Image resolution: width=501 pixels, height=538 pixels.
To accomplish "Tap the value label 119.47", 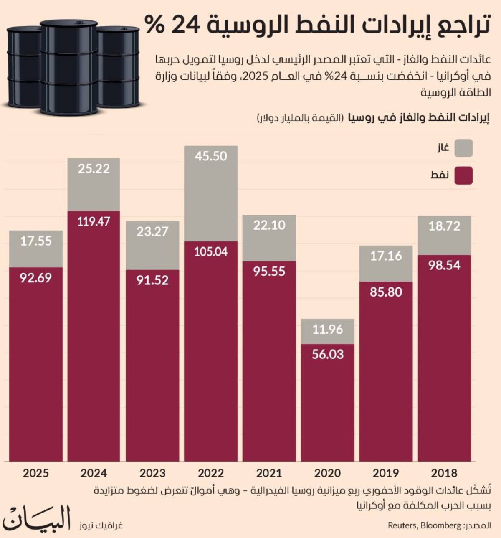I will [x=94, y=221].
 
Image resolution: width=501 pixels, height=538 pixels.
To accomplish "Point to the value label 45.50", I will [x=211, y=156].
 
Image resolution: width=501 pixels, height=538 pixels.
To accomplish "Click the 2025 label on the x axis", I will [x=35, y=473].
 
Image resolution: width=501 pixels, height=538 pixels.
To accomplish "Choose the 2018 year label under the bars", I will [x=444, y=473].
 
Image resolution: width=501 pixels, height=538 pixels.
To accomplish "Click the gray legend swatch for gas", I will [x=463, y=148].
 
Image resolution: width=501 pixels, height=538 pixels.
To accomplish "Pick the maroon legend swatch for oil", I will [x=463, y=175].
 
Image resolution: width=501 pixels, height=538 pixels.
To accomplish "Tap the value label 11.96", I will [x=328, y=330].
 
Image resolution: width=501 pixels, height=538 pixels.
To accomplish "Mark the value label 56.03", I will [x=328, y=354].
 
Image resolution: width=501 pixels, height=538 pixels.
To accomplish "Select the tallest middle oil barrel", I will [x=69, y=67].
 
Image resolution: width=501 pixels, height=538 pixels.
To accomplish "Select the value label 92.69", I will [x=35, y=278].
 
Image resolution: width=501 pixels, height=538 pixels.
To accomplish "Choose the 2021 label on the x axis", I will [x=269, y=473].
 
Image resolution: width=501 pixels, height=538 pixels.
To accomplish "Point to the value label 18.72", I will [x=444, y=226].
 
